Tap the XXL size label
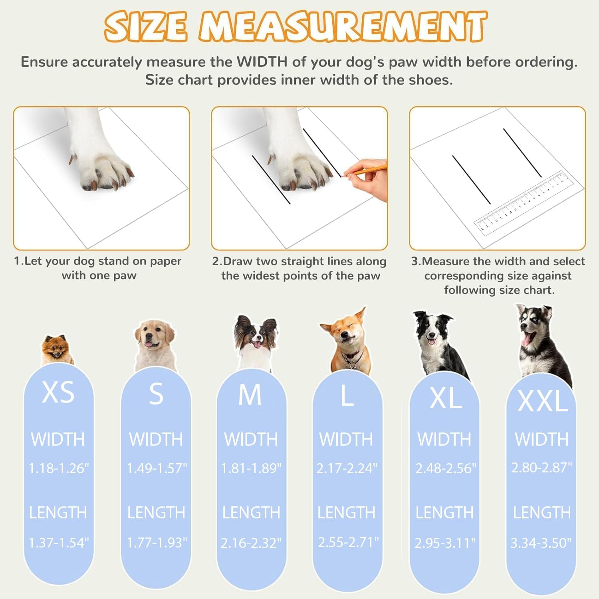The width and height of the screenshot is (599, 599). [543, 401]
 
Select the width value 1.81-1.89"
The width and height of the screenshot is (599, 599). [251, 468]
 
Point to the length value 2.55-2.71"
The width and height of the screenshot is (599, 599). [348, 542]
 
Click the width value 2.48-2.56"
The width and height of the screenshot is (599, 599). [446, 468]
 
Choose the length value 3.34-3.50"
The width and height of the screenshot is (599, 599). [541, 543]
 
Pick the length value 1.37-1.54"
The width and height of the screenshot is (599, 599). [59, 543]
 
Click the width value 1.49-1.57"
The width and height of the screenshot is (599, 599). [157, 468]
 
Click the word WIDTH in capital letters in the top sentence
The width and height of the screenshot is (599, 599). [262, 62]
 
